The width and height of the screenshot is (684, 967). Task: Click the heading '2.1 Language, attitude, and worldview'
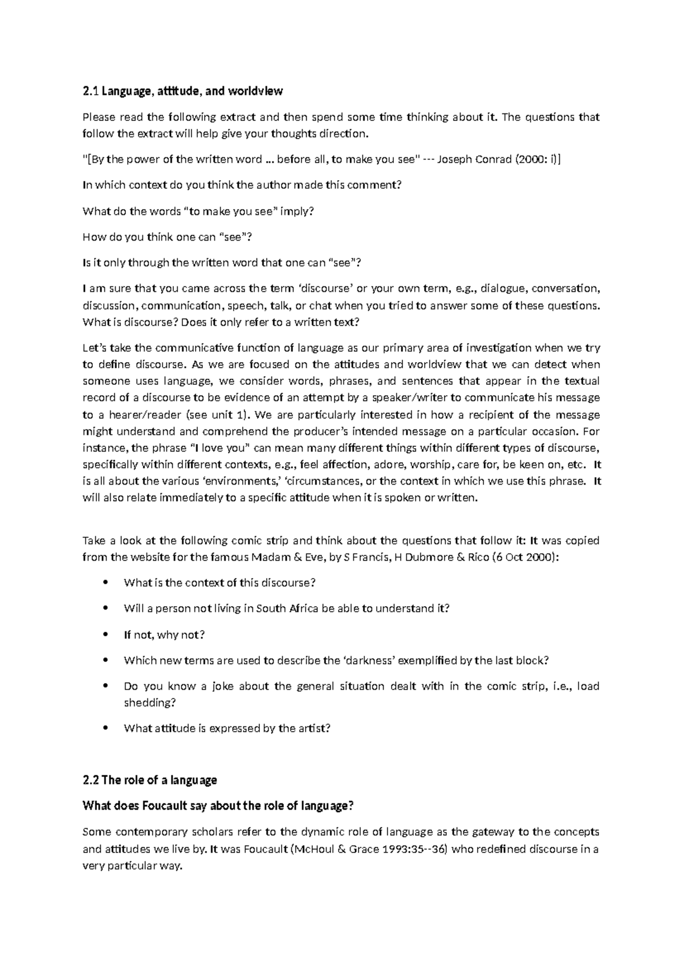182,91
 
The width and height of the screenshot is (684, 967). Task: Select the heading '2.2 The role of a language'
150,780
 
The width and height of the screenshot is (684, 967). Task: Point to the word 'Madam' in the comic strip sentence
271,557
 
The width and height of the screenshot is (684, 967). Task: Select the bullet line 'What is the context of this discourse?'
219,583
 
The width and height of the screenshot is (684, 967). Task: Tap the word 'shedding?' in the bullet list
150,702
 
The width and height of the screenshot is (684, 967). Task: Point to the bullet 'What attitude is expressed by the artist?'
227,728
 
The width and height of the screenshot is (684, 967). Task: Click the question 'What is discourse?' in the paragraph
131,322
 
